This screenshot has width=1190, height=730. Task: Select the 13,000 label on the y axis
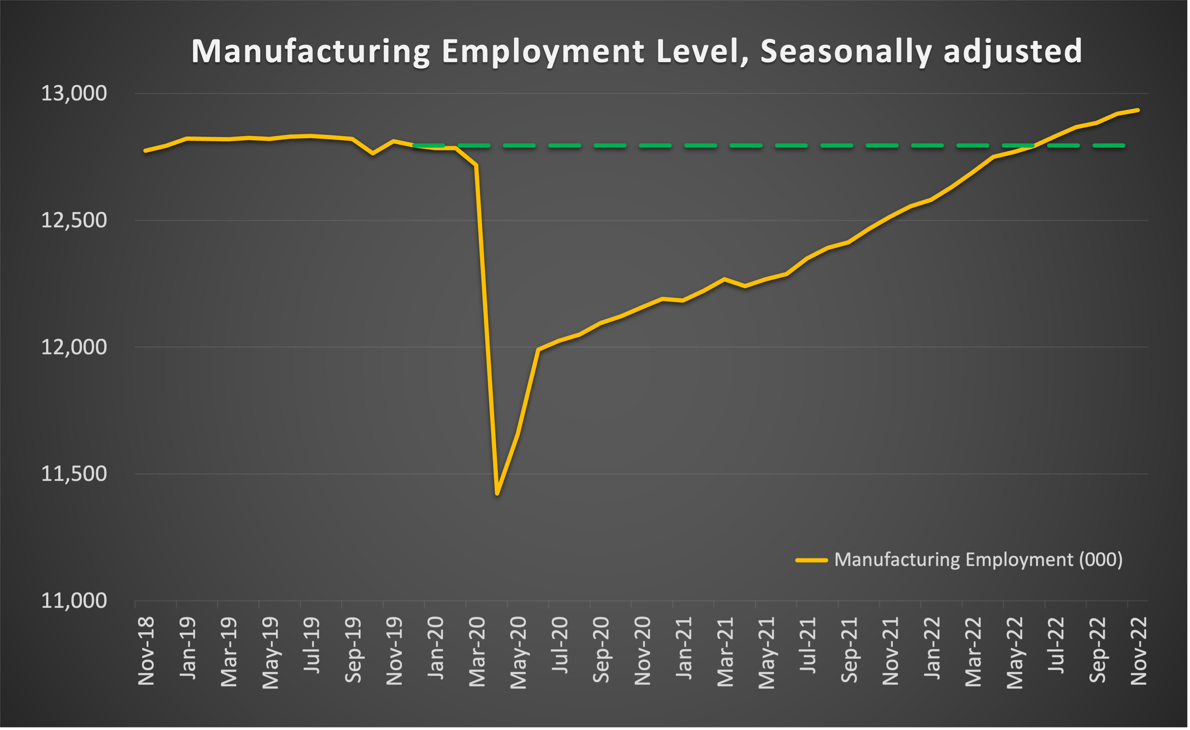coord(74,93)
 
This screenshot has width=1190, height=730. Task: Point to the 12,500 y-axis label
coord(74,220)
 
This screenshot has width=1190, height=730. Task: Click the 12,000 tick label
coord(74,347)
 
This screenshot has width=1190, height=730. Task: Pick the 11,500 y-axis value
coord(74,474)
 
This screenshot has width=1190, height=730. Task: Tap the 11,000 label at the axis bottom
coord(74,600)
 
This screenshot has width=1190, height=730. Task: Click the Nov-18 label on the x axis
coord(146,651)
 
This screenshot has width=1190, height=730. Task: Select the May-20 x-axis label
coord(518,652)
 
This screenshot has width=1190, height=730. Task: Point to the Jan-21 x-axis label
coord(684,648)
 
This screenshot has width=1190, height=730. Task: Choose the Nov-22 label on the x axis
coord(1139,651)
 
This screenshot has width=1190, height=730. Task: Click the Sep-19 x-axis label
coord(353,650)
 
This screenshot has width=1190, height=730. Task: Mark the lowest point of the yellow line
coord(497,493)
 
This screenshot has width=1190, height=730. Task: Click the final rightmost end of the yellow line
coord(1138,110)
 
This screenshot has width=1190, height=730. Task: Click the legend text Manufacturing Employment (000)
coord(978,560)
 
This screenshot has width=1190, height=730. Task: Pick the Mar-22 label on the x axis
coord(973,651)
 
